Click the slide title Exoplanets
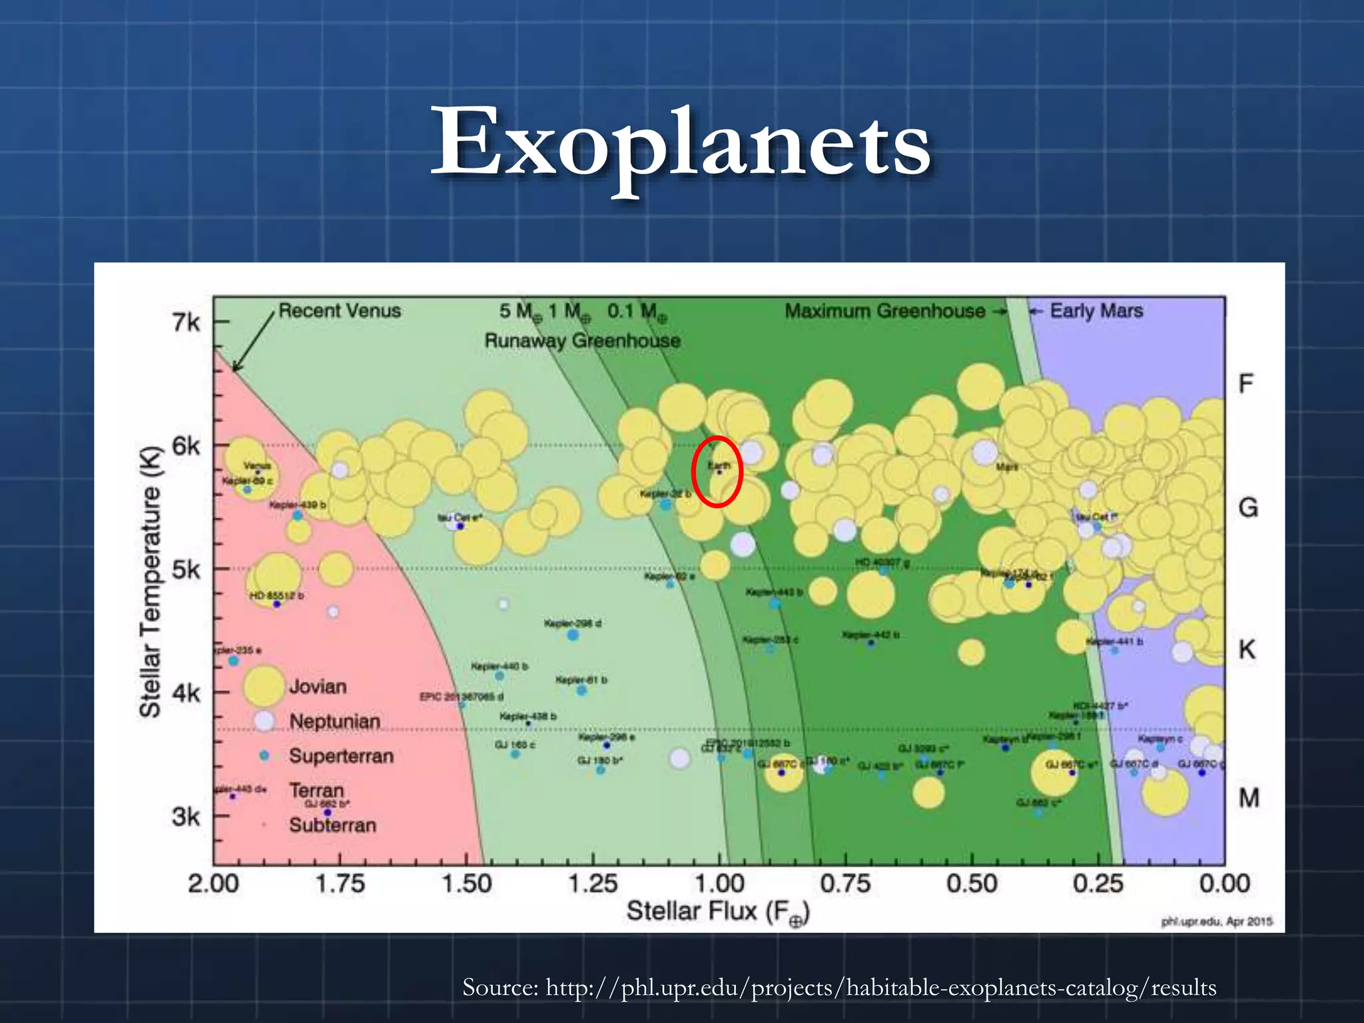pyautogui.click(x=681, y=143)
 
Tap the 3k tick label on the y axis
pyautogui.click(x=186, y=816)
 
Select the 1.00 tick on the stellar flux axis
pyautogui.click(x=719, y=883)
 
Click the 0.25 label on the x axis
pyautogui.click(x=1098, y=883)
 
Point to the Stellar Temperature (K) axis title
pyautogui.click(x=151, y=581)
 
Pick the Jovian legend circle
pyautogui.click(x=264, y=686)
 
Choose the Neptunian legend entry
pyautogui.click(x=334, y=721)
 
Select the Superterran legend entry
pyautogui.click(x=341, y=756)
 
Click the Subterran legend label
pyautogui.click(x=332, y=825)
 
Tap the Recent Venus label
pyautogui.click(x=340, y=311)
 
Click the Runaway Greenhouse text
pyautogui.click(x=582, y=341)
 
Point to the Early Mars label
pyautogui.click(x=1096, y=311)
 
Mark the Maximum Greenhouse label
pyautogui.click(x=884, y=311)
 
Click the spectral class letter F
pyautogui.click(x=1245, y=384)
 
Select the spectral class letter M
pyautogui.click(x=1248, y=797)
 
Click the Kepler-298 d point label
pyautogui.click(x=572, y=623)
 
